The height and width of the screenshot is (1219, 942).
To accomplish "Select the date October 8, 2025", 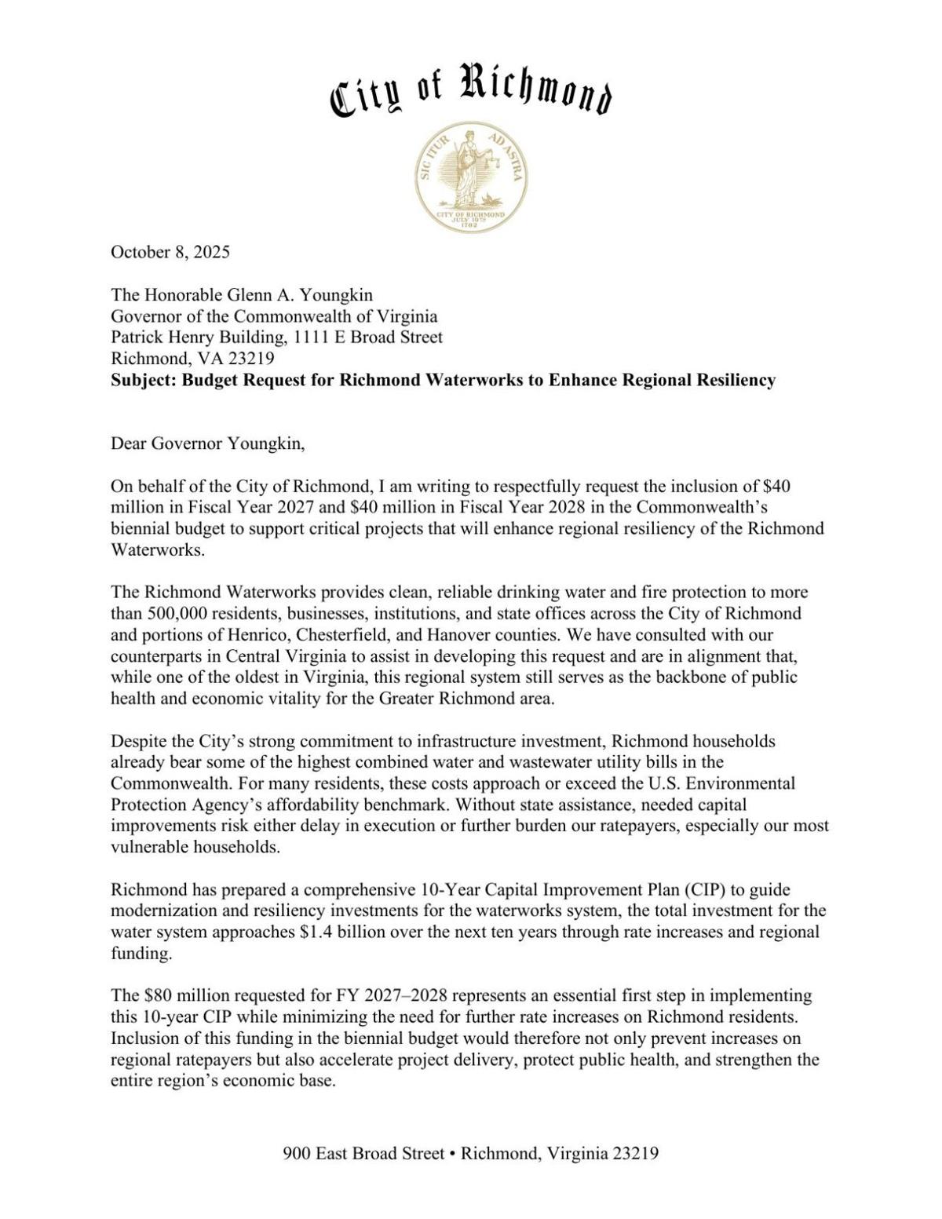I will point(170,252).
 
